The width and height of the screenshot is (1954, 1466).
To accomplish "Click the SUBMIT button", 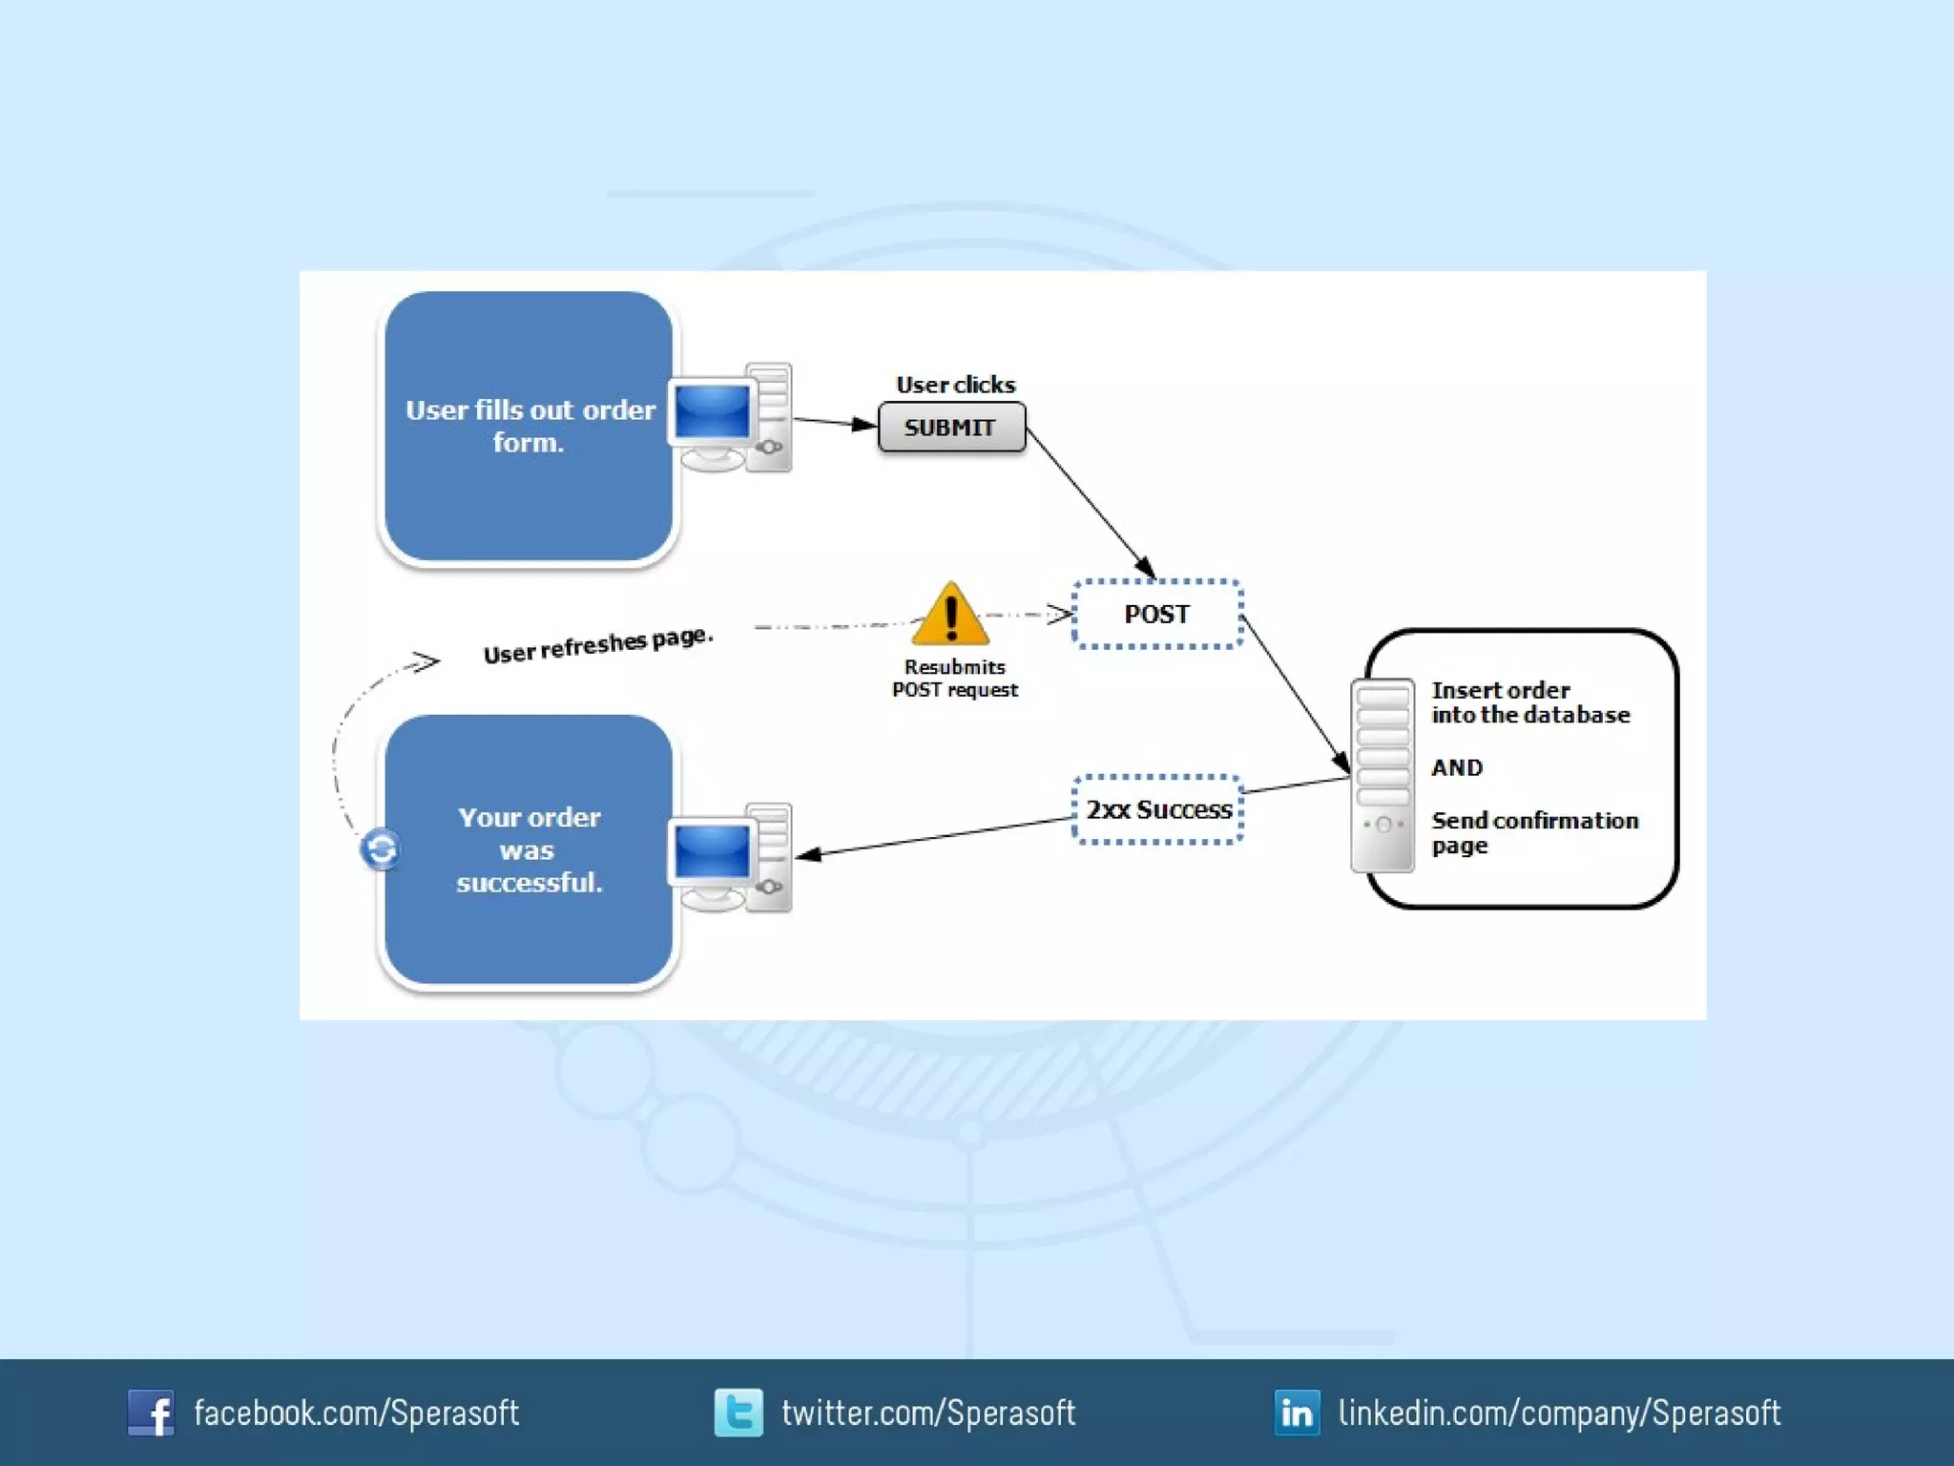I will tap(951, 427).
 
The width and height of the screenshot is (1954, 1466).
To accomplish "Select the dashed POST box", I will tap(1157, 614).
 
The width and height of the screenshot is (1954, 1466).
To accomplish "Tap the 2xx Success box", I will tap(1158, 809).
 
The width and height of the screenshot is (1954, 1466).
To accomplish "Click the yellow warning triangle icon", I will tap(950, 616).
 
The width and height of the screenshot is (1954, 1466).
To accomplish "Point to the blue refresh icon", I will tap(381, 848).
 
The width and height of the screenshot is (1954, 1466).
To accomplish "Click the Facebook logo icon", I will tap(151, 1413).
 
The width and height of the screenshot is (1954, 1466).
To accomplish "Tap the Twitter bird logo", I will tap(738, 1413).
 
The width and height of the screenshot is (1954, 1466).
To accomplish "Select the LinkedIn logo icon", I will tap(1298, 1413).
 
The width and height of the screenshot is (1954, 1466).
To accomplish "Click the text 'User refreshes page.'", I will tap(598, 645).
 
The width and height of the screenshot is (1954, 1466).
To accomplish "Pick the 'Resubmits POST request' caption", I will tap(955, 679).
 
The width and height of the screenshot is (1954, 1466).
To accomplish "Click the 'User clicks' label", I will tap(956, 385).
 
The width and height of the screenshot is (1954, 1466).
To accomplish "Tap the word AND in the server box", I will tap(1457, 767).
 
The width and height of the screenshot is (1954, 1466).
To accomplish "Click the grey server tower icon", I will tap(1382, 775).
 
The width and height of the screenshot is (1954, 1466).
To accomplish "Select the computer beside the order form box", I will tap(731, 419).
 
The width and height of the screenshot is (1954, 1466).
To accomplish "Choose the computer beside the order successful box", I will tap(731, 858).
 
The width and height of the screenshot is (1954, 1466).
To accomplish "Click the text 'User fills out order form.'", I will tap(530, 426).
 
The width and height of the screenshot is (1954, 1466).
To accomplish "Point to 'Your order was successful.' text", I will tap(530, 849).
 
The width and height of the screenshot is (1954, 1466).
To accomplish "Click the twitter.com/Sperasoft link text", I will tap(928, 1413).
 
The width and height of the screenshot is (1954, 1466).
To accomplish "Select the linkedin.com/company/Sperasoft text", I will tap(1559, 1413).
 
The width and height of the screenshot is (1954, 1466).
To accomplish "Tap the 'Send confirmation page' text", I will tap(1534, 832).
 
